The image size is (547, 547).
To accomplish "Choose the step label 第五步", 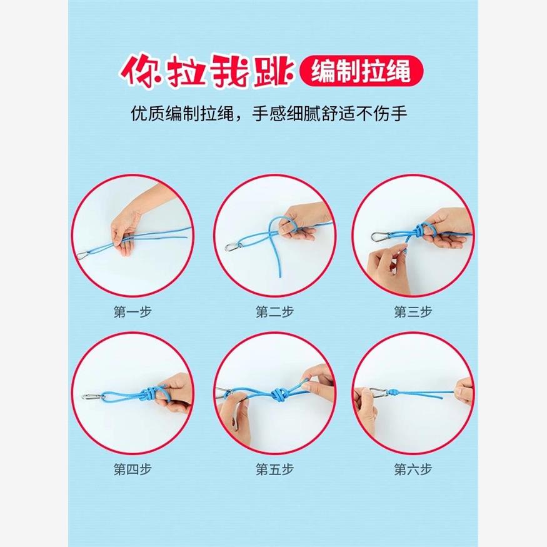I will click(x=274, y=468).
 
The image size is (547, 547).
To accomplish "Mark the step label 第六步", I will click(x=413, y=468).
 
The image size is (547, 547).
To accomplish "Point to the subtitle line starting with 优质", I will click(x=273, y=115).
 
